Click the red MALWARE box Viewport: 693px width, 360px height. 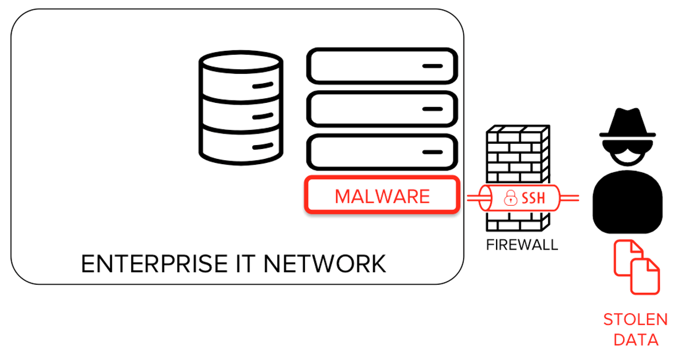tap(382, 196)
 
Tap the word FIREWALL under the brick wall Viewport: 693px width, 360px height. tap(521, 244)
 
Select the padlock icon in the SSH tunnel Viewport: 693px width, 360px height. tap(510, 199)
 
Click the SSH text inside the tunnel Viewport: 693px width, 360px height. tap(533, 199)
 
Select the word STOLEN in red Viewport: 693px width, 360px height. tap(635, 320)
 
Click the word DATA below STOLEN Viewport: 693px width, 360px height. tap(635, 339)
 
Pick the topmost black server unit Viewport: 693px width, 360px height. tap(382, 66)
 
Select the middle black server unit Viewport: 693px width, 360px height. tap(382, 108)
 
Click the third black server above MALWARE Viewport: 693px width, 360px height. tap(382, 152)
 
